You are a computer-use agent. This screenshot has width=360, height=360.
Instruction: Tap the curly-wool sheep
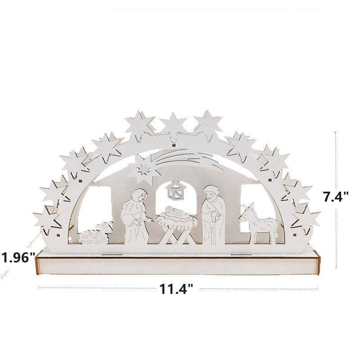96,234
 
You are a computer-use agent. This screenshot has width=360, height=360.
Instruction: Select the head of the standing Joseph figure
209,192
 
